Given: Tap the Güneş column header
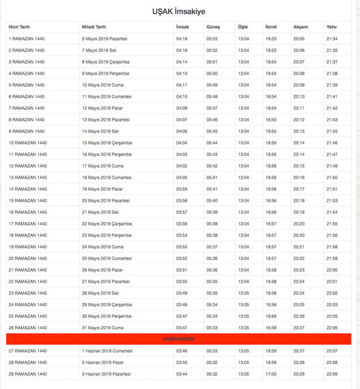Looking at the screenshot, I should (213, 27).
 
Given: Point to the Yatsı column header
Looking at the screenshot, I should (331, 27).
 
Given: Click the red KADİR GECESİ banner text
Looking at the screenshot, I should (179, 339).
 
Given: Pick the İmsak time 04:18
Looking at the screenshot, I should (182, 39).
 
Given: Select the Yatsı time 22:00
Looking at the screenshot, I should (331, 270).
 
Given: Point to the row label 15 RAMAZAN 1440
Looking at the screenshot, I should (28, 200).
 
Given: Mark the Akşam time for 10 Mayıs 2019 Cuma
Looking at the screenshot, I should (299, 85).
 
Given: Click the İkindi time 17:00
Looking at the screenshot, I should (271, 374).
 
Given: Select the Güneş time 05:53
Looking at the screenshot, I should (211, 39).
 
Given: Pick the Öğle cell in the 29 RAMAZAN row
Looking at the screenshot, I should (244, 374).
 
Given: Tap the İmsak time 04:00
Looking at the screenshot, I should (182, 177).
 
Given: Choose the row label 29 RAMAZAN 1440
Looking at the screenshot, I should (28, 374).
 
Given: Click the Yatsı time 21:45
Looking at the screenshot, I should (331, 131).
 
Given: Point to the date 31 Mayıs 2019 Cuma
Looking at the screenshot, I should (102, 328).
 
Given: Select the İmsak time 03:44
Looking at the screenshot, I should (182, 374).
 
